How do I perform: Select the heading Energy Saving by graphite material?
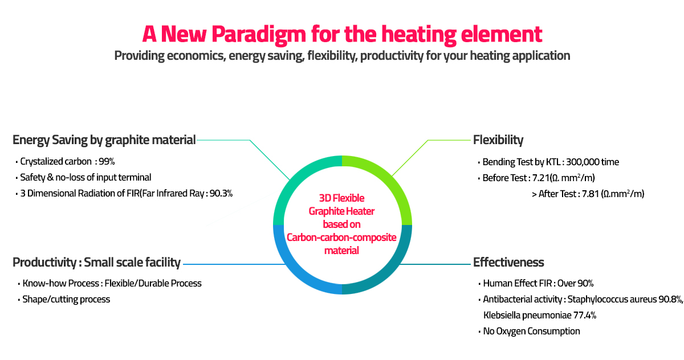pos(104,140)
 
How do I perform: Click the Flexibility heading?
pos(498,140)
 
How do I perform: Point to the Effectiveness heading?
pos(508,263)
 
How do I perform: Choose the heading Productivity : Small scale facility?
pos(96,263)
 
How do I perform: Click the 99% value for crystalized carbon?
pos(107,161)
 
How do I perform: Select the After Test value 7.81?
pos(591,194)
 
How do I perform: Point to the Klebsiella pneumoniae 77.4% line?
pos(540,315)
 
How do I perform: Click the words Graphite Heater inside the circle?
pos(341,211)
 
